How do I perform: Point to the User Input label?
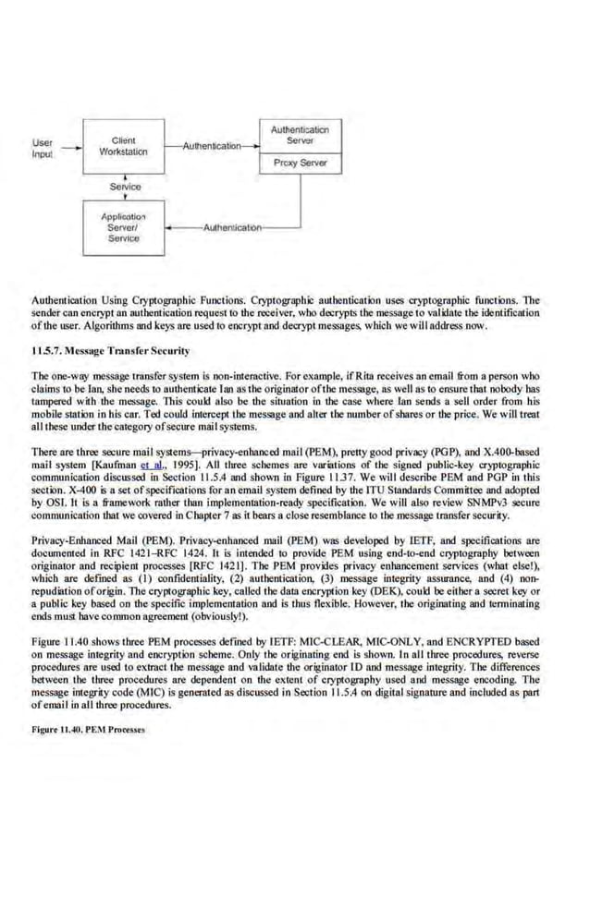43,149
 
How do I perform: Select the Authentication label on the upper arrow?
211,146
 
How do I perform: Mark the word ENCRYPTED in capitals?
471,639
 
